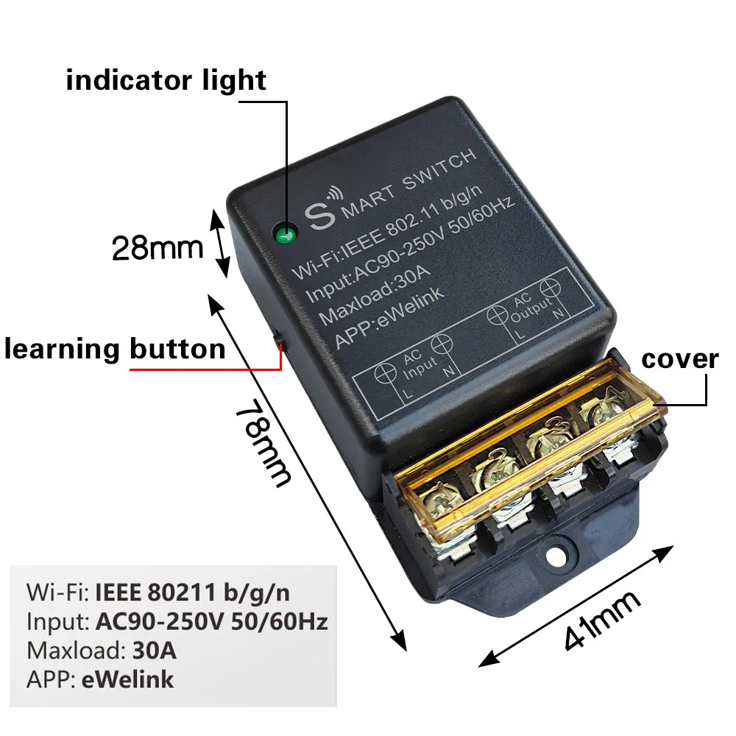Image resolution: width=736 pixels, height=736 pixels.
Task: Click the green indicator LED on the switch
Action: coord(286,233)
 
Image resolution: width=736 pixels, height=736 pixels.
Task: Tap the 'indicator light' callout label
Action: coord(166,79)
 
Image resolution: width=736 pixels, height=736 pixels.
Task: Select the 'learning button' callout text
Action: coord(115,349)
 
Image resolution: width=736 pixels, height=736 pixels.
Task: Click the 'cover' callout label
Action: coord(679,360)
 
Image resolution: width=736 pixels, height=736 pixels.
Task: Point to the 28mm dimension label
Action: coord(158,248)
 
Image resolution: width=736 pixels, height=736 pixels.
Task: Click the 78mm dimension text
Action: coord(263,442)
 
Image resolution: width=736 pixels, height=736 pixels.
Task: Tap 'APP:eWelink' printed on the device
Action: coord(389,318)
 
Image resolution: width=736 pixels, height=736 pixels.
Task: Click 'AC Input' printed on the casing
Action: coord(420,365)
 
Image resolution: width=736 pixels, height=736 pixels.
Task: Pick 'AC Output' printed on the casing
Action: coord(528,308)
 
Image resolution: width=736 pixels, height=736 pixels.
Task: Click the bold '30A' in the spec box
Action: coord(155,651)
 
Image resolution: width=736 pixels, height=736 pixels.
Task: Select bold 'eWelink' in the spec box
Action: coord(127,679)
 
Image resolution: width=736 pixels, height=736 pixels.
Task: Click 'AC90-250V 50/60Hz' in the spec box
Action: coord(212,621)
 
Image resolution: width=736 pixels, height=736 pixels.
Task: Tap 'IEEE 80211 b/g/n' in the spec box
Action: coord(192,592)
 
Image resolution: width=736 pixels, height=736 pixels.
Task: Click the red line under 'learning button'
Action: coord(205,369)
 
